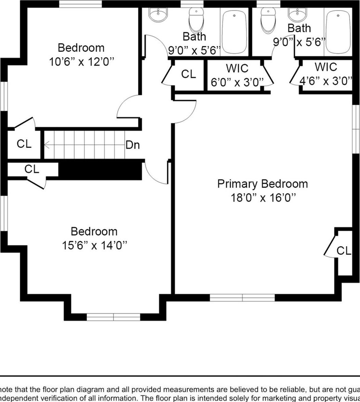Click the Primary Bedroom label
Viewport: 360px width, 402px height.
coord(262,184)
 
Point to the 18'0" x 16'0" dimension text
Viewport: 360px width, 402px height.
coord(262,198)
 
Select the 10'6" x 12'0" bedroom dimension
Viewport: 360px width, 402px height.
coord(81,62)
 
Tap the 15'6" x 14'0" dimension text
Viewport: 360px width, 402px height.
coord(94,246)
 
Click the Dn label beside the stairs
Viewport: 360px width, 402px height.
coord(133,145)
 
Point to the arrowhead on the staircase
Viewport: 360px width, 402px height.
coord(47,145)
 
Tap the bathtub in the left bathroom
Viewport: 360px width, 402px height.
coord(234,30)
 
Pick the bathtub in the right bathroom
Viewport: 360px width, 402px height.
coord(338,30)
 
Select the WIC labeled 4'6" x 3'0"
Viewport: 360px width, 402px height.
coord(326,74)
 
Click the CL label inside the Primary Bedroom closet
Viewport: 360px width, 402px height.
coord(344,251)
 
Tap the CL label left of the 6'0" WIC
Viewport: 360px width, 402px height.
coord(188,74)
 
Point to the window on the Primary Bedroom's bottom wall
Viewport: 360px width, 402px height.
coord(242,298)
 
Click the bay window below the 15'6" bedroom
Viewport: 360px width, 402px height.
coord(113,317)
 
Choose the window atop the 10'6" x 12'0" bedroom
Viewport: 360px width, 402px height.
coord(80,4)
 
